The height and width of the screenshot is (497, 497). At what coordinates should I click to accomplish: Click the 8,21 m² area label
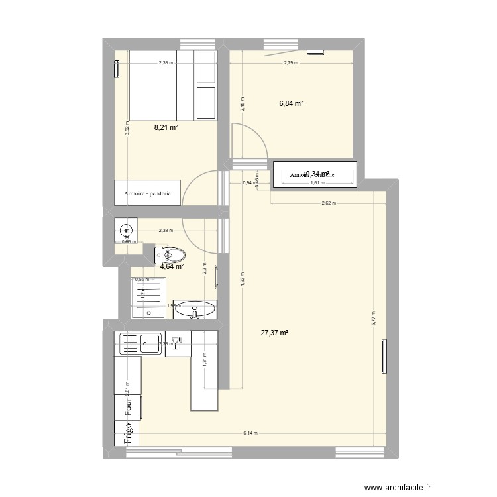pyautogui.click(x=166, y=127)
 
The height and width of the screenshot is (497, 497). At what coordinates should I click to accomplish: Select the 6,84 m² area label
pyautogui.click(x=291, y=104)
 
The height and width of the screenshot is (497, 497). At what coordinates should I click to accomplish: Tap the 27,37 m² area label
pyautogui.click(x=275, y=333)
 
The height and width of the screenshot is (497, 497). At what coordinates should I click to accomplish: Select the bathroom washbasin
pyautogui.click(x=194, y=308)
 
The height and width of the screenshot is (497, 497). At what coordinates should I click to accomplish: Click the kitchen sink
pyautogui.click(x=139, y=342)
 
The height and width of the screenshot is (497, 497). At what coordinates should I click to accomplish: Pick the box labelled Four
pyautogui.click(x=130, y=407)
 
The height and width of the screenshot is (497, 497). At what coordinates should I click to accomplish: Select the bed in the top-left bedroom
pyautogui.click(x=173, y=85)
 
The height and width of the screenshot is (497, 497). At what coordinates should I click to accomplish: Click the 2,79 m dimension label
pyautogui.click(x=292, y=63)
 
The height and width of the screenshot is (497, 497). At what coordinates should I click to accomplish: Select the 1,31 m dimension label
pyautogui.click(x=205, y=361)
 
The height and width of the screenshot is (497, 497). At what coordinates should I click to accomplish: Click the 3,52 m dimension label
pyautogui.click(x=127, y=129)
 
